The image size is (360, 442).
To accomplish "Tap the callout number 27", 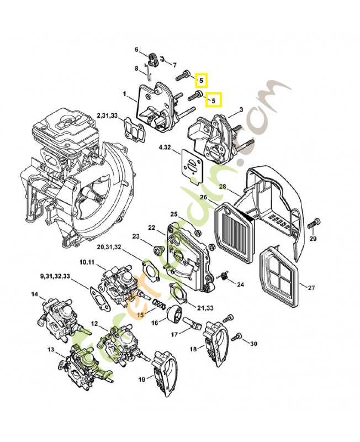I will (311, 288).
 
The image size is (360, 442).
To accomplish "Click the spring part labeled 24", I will (225, 275).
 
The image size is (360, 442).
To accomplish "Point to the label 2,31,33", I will (107, 115).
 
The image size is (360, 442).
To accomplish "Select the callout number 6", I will (137, 50).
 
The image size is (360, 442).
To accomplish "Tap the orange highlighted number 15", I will (140, 314).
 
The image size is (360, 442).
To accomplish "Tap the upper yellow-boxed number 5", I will (201, 81).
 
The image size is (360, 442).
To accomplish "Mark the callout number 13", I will (50, 350).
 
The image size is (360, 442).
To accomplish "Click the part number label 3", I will (241, 110).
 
